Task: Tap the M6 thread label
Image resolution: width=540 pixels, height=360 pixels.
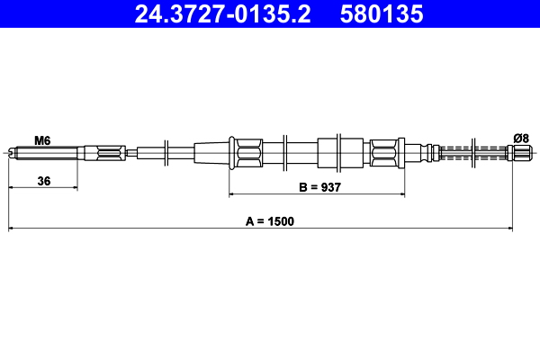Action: point(41,139)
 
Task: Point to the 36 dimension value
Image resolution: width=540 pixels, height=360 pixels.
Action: point(42,181)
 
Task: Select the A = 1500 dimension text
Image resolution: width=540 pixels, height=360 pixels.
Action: point(270,220)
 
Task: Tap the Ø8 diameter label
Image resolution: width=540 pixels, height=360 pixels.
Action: point(520,138)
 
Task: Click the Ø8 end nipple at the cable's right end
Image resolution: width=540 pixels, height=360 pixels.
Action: point(520,152)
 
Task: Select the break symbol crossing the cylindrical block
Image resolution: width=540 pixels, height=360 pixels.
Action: point(341,151)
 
